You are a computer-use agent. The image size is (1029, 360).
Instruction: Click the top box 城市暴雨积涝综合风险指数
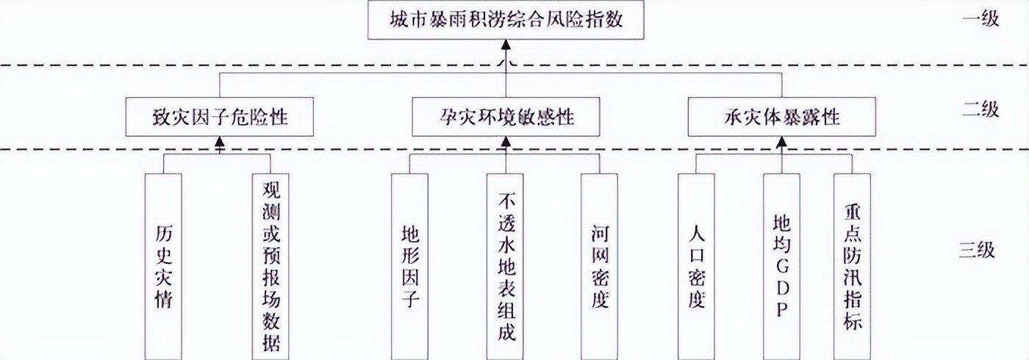[506, 21]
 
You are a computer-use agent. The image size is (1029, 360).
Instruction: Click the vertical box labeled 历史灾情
[163, 264]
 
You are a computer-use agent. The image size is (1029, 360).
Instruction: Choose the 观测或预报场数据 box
[270, 264]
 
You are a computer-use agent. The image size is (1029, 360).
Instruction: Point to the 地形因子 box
[409, 264]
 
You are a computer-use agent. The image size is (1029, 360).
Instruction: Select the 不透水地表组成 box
[505, 264]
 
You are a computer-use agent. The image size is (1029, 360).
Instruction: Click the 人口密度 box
[695, 264]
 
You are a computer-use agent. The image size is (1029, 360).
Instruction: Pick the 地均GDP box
[781, 264]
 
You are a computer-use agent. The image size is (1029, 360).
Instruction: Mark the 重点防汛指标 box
[852, 264]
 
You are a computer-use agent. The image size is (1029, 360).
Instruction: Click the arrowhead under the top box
[506, 46]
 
